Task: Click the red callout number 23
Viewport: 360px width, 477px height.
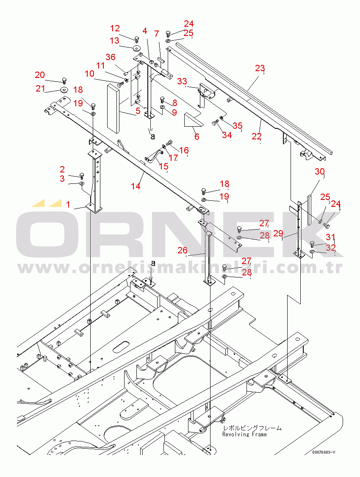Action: [x=260, y=68]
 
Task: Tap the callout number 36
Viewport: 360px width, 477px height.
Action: [x=111, y=57]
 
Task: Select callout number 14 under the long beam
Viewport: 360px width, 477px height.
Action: [x=136, y=186]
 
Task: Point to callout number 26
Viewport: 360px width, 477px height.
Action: [x=183, y=250]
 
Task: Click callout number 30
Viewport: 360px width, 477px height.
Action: [x=320, y=172]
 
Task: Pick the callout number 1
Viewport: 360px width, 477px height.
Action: [x=68, y=205]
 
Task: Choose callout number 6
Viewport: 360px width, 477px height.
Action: [x=197, y=136]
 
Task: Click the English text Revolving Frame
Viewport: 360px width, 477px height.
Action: [x=244, y=434]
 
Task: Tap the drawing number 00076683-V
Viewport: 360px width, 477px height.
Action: [x=324, y=452]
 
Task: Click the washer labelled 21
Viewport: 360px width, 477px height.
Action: [x=64, y=90]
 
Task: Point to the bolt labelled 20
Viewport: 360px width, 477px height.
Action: [x=64, y=80]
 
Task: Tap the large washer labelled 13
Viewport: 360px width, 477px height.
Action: [x=137, y=48]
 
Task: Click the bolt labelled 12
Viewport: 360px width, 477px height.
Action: [x=137, y=39]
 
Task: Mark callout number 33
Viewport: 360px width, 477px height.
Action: [x=182, y=81]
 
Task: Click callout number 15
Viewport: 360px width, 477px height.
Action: [x=163, y=166]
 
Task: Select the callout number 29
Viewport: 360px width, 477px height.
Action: [x=278, y=233]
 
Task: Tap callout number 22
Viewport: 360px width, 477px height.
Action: [x=256, y=136]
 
